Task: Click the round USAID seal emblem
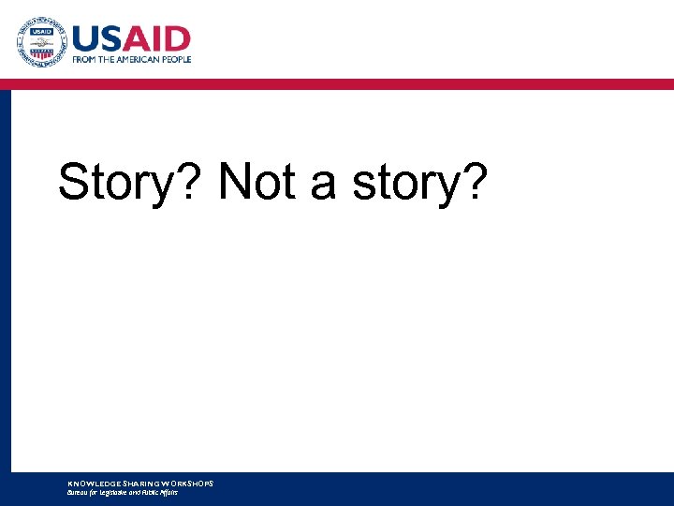tap(41, 42)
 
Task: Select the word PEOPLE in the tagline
tap(176, 59)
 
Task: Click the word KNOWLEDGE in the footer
tap(91, 484)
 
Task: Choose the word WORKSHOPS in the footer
tap(188, 484)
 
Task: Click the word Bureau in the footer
tap(78, 492)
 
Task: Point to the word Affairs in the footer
tap(167, 492)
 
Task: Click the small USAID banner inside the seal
tap(41, 31)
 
